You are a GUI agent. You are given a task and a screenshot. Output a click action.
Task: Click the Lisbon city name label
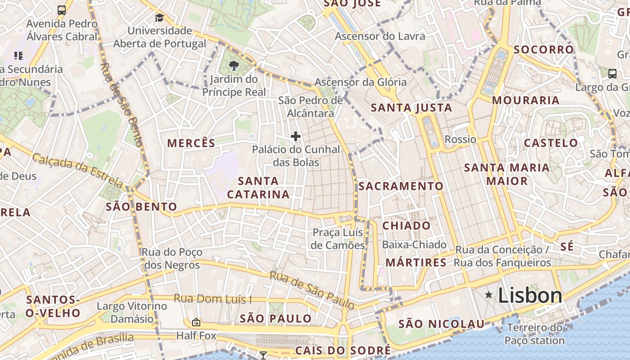(x=530, y=296)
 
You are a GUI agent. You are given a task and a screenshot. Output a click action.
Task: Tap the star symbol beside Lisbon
(x=489, y=295)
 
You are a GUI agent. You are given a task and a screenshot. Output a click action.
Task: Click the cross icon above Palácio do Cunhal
(x=296, y=136)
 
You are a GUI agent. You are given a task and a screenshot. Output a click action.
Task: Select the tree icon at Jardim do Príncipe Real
(x=234, y=66)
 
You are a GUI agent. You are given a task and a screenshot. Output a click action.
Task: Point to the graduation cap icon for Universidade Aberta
(x=159, y=18)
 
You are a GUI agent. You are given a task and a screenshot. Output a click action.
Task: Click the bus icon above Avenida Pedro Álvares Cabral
(x=62, y=10)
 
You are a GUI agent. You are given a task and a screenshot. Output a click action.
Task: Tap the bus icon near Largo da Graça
(x=612, y=73)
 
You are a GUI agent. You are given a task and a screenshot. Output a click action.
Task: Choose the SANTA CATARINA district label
(x=258, y=188)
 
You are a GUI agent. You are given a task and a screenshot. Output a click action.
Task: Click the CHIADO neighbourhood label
(x=406, y=225)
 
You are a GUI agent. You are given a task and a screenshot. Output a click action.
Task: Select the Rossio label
(x=460, y=139)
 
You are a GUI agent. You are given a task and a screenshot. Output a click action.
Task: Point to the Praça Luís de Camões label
(x=337, y=239)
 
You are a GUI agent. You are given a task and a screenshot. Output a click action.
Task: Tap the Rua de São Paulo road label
(x=312, y=290)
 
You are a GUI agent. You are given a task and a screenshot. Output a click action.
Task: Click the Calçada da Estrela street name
(x=77, y=171)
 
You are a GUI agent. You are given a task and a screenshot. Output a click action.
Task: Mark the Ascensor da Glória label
(x=360, y=82)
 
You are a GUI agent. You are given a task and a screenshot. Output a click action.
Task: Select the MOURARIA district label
(x=525, y=100)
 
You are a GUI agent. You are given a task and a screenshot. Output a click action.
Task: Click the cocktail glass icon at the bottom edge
(x=263, y=355)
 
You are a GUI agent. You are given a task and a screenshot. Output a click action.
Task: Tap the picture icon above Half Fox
(x=196, y=322)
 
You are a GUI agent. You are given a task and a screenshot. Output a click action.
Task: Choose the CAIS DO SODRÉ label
(x=343, y=351)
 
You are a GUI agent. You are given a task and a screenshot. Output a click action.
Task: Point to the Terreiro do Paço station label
(x=535, y=334)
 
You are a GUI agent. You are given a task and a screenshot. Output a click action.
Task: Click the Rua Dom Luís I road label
(x=212, y=299)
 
